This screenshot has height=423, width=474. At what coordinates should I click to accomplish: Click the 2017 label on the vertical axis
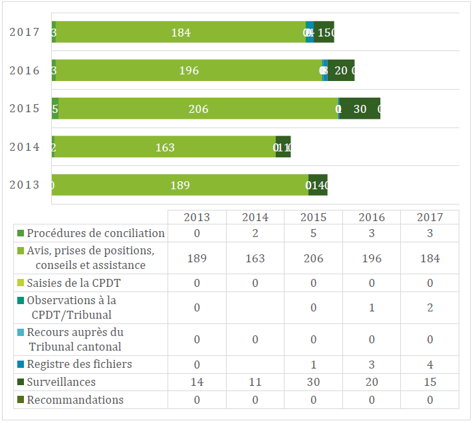pyautogui.click(x=24, y=32)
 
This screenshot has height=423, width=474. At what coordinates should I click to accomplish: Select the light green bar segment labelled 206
pyautogui.click(x=198, y=109)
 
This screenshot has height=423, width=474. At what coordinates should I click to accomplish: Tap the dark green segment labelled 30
pyautogui.click(x=360, y=109)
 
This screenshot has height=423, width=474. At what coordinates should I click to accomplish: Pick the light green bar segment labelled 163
pyautogui.click(x=164, y=147)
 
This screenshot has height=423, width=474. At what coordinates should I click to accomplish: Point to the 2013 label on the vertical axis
pyautogui.click(x=24, y=185)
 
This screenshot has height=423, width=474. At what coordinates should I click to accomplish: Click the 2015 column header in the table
pyautogui.click(x=313, y=217)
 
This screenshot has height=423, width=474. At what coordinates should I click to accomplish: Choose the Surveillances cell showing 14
pyautogui.click(x=197, y=382)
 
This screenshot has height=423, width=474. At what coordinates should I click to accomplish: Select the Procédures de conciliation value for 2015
pyautogui.click(x=313, y=233)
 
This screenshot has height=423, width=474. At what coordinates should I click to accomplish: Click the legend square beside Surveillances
pyautogui.click(x=21, y=382)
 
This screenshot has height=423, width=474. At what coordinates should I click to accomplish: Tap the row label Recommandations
pyautogui.click(x=75, y=400)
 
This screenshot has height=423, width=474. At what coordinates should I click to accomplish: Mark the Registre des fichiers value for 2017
pyautogui.click(x=430, y=364)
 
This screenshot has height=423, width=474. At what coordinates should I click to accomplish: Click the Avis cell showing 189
pyautogui.click(x=197, y=258)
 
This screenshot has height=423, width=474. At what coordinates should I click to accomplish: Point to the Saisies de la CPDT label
pyautogui.click(x=74, y=283)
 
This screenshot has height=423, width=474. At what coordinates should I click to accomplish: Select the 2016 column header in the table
pyautogui.click(x=372, y=217)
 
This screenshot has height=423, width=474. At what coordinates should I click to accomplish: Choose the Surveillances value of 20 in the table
pyautogui.click(x=372, y=382)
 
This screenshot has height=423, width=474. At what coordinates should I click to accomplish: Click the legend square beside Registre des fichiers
pyautogui.click(x=21, y=365)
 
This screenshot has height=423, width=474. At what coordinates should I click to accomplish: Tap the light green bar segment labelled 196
pyautogui.click(x=189, y=70)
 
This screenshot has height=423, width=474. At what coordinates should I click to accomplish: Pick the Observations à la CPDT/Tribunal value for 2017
pyautogui.click(x=430, y=307)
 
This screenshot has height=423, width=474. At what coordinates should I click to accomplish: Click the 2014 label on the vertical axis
pyautogui.click(x=24, y=147)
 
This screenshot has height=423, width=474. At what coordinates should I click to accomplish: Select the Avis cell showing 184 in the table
pyautogui.click(x=430, y=258)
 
